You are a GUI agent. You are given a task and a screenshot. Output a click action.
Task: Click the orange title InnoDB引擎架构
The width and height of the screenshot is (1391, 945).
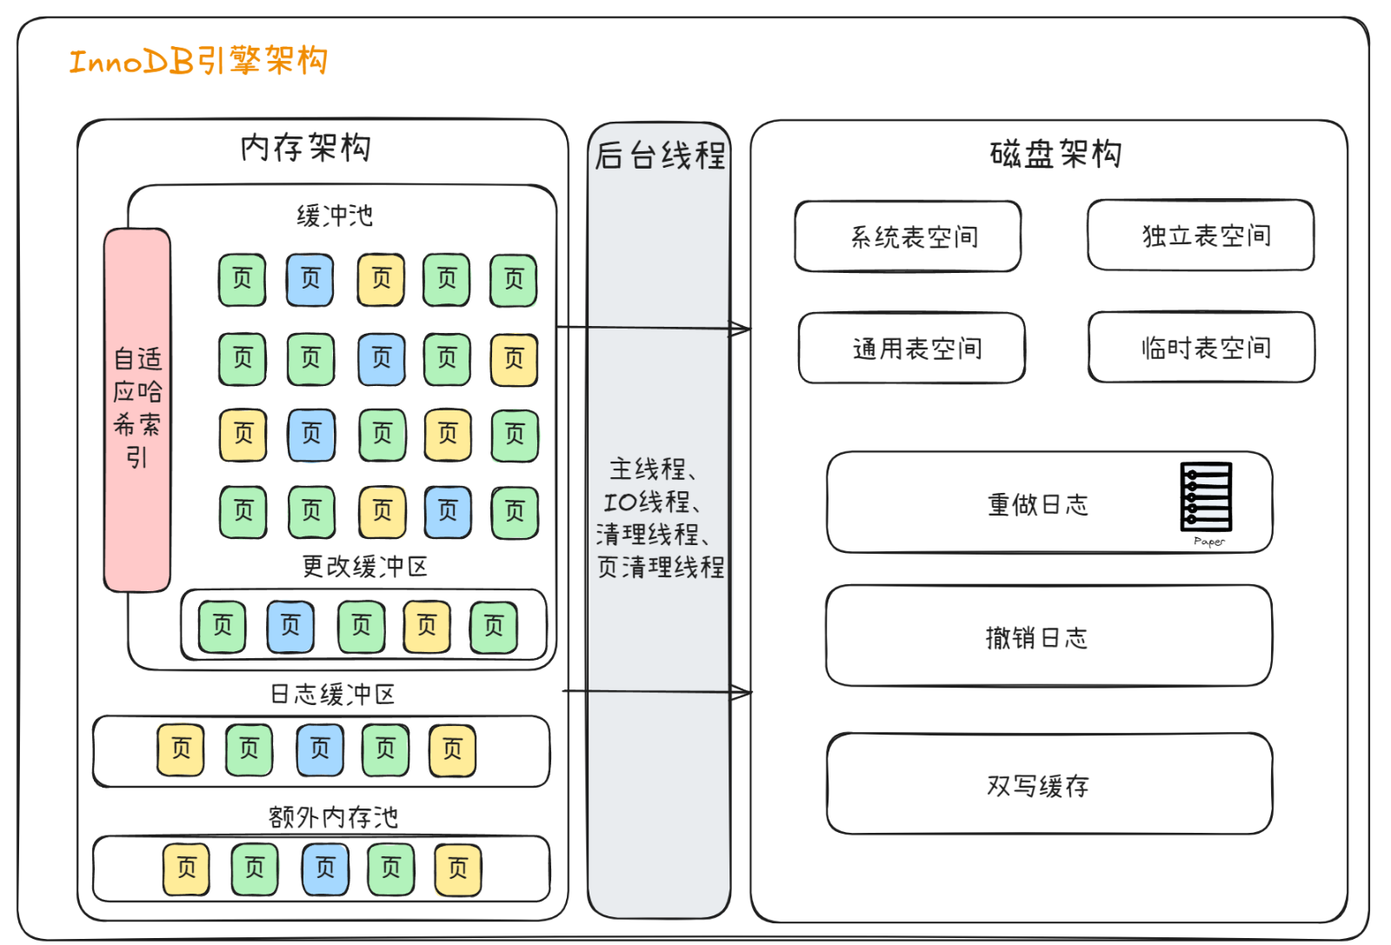198,61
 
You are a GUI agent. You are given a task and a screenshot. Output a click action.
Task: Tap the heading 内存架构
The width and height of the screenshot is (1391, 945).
305,148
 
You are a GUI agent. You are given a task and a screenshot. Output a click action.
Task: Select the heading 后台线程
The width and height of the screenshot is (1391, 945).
660,156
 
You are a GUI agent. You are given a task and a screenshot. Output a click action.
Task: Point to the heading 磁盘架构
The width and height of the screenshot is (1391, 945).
1055,154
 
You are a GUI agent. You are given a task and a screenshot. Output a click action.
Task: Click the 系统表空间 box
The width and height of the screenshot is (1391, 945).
908,236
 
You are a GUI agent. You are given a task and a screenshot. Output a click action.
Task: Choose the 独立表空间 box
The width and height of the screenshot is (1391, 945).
1201,236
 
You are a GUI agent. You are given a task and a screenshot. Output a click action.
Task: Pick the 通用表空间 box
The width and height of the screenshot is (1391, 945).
912,349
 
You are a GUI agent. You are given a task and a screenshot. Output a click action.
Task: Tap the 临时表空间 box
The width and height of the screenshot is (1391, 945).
1201,348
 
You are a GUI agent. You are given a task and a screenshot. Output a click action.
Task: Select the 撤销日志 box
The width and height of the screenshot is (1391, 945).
1048,636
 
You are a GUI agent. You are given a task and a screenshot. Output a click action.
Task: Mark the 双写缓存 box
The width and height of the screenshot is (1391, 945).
1048,784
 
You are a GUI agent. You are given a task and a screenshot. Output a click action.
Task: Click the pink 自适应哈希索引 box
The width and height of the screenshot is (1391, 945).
137,409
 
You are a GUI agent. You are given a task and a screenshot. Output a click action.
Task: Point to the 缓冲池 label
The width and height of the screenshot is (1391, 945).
335,215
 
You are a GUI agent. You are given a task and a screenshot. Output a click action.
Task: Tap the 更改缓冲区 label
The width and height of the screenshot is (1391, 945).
364,567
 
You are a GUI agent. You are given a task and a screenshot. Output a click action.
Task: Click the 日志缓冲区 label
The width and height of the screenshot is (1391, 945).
332,694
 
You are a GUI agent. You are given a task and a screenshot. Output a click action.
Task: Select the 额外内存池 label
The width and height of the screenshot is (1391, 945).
332,816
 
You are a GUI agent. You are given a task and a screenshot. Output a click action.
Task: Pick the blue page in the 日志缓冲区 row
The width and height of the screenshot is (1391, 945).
320,749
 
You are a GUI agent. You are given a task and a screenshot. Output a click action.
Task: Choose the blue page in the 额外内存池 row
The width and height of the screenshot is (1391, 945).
325,868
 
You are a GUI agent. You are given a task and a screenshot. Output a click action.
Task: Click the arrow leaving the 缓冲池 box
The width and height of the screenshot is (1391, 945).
652,328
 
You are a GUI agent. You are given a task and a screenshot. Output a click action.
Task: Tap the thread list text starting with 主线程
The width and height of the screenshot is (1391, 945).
659,518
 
